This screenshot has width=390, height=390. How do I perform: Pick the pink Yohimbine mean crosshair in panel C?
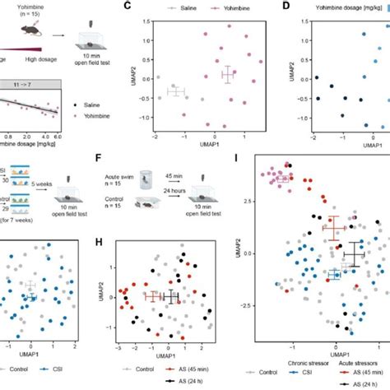coord(228,74)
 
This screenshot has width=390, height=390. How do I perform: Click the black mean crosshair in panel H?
coord(170,296)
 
